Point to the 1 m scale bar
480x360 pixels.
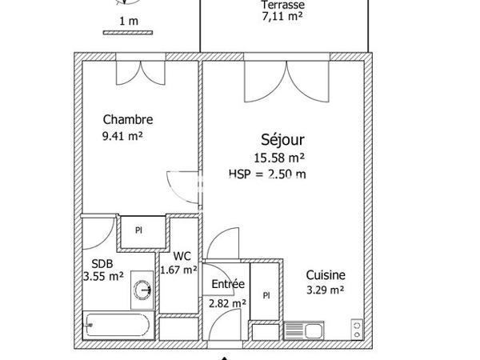(126, 32)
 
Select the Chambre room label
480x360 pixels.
(128, 120)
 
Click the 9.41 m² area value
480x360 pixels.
(122, 136)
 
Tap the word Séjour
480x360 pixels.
(282, 138)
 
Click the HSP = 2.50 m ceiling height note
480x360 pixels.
(267, 172)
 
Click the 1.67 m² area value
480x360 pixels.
(179, 270)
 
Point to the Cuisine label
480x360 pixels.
(326, 274)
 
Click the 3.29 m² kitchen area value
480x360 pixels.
(325, 290)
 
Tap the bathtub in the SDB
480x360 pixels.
(118, 326)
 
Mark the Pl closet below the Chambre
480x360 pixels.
(138, 231)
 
